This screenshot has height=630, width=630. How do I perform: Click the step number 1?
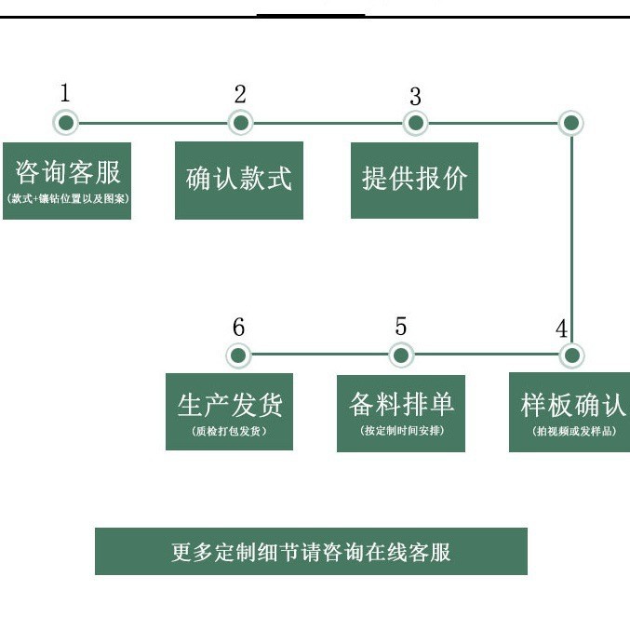click(65, 93)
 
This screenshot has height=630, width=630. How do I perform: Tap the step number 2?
click(240, 94)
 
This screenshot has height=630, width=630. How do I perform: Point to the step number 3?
click(415, 96)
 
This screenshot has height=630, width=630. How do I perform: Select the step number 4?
click(561, 329)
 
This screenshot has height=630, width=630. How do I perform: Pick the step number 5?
click(401, 327)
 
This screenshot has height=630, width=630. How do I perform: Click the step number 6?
click(239, 328)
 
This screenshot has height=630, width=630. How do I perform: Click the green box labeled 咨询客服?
click(67, 181)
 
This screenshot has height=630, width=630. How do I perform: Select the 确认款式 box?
click(239, 181)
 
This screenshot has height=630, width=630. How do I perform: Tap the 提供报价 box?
click(414, 181)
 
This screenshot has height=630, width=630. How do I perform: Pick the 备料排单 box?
click(401, 412)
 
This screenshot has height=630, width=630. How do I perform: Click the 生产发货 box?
click(230, 411)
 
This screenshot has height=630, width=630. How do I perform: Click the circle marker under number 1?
click(65, 123)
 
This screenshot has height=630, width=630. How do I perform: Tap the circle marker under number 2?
click(241, 123)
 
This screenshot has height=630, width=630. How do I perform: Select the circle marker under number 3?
click(415, 123)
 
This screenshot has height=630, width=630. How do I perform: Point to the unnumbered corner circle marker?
click(571, 123)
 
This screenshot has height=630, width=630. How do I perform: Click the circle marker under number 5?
click(401, 355)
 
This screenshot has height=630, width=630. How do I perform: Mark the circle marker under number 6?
click(239, 355)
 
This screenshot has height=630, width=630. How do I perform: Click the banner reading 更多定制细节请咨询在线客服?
click(311, 552)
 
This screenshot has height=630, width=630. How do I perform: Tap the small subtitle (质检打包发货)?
click(230, 432)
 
